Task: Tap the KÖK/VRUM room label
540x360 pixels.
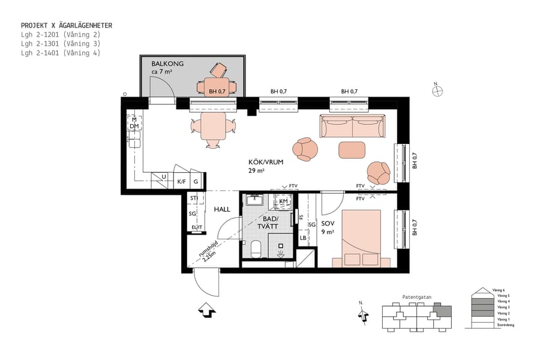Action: point(266,162)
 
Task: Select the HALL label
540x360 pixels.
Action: point(222,209)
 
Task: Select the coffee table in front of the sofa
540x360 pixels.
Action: point(352,149)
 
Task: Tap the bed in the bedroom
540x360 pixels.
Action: point(361,238)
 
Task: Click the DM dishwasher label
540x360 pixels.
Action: point(134,126)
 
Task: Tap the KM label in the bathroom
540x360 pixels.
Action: point(283,201)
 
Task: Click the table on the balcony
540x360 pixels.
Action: point(216,87)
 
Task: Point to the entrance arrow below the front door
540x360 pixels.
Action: point(206,310)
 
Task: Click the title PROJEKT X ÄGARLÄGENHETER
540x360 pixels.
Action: point(66,26)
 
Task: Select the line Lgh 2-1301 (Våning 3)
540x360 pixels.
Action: point(60,44)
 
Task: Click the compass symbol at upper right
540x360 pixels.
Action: point(438,91)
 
